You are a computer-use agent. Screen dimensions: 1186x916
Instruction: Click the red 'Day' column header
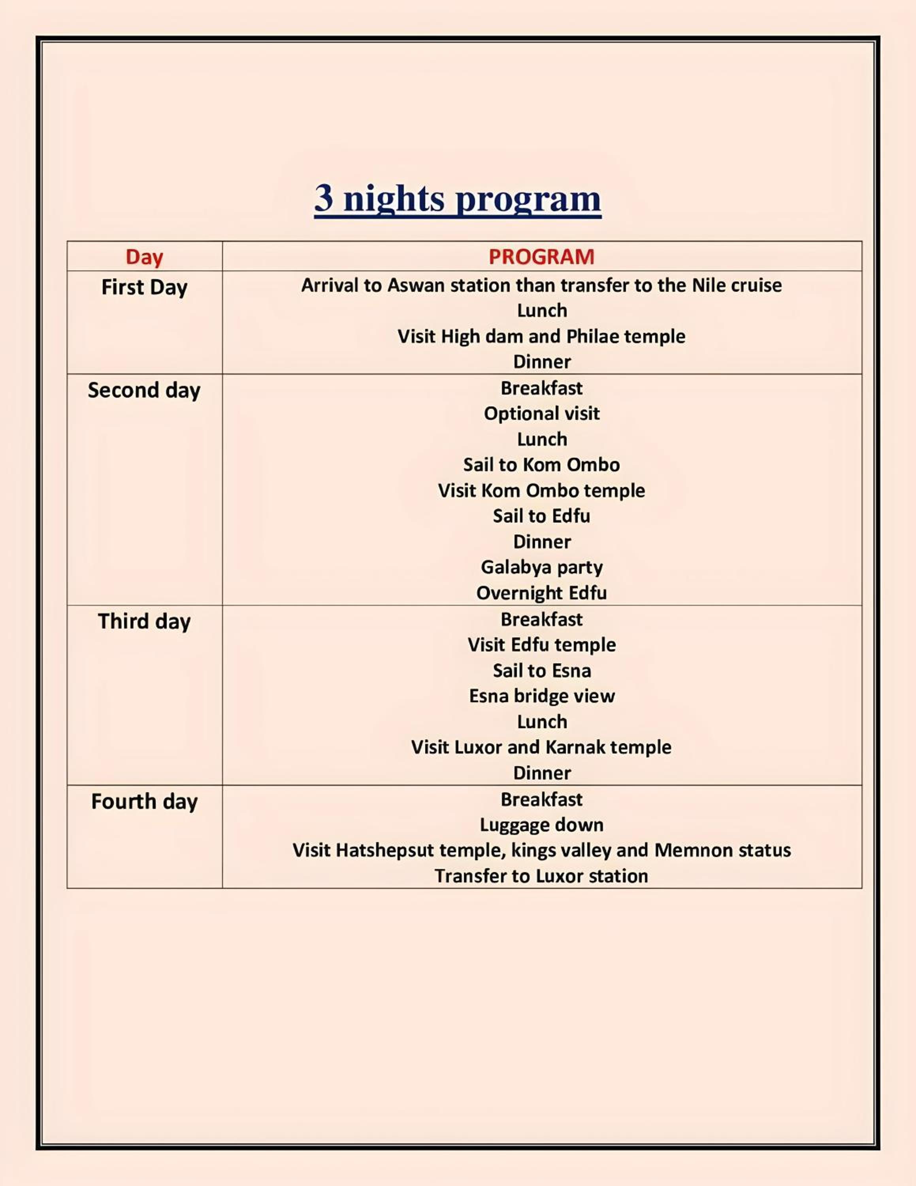tap(144, 257)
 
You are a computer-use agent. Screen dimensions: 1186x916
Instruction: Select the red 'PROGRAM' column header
tap(541, 257)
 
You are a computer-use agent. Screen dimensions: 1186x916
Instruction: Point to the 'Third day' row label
tap(144, 621)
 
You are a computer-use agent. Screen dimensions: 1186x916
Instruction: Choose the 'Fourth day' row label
tap(144, 801)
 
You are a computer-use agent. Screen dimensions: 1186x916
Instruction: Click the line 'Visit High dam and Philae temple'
tap(541, 336)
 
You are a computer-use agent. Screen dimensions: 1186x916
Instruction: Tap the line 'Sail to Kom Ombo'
tap(541, 465)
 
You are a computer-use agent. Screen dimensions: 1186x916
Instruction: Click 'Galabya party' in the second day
tap(541, 567)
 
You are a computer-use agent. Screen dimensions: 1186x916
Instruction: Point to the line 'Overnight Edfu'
tap(541, 593)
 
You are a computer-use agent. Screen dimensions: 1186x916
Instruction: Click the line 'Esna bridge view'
tap(541, 696)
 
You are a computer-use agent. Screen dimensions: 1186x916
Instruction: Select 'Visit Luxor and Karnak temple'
tap(541, 747)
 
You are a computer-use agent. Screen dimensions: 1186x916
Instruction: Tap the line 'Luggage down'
tap(541, 825)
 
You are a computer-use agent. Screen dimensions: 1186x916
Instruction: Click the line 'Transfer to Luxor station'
tap(541, 876)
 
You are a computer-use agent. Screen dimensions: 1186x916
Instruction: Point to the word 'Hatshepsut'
tap(385, 850)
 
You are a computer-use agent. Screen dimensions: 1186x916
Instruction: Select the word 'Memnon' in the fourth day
tap(686, 850)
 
